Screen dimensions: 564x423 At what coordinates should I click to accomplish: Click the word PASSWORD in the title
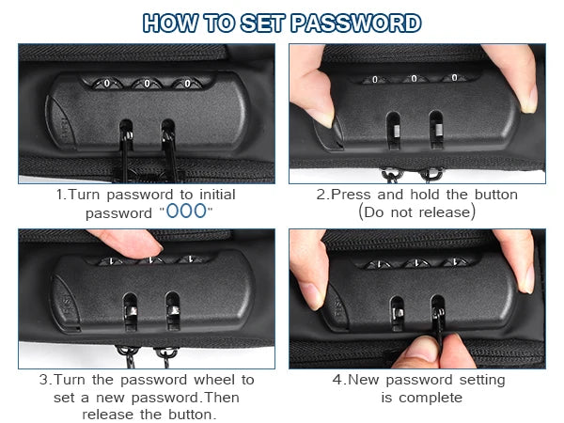(355, 23)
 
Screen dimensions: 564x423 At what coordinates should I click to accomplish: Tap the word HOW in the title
(170, 23)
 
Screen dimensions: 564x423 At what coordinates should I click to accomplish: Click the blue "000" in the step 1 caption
(186, 211)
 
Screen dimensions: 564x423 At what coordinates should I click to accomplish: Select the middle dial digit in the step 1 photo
(148, 84)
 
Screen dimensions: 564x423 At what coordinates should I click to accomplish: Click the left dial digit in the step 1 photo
(107, 84)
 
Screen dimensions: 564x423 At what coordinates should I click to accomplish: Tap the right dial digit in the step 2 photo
(454, 78)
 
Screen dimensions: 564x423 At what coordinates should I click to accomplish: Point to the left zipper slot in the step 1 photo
(126, 134)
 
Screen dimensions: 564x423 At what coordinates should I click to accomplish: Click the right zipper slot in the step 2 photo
(436, 130)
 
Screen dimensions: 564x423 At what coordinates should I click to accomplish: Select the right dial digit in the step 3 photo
(192, 259)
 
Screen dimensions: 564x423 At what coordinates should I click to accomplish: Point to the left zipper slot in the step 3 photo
(131, 312)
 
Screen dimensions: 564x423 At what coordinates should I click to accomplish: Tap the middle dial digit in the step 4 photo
(416, 263)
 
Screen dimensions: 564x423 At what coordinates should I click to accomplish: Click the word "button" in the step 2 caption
(496, 195)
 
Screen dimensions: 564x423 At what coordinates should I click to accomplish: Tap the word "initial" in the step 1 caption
(217, 195)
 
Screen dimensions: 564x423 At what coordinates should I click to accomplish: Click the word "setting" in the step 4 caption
(482, 380)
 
